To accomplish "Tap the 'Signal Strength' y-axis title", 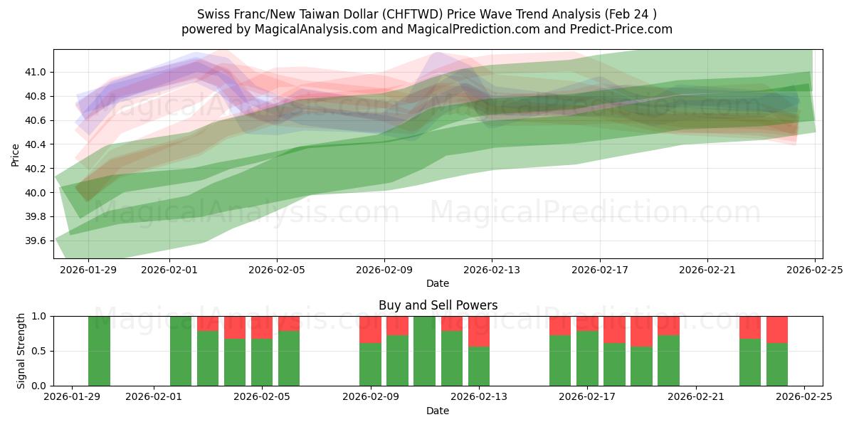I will point(21,351).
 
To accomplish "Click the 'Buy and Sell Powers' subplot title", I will point(437,305).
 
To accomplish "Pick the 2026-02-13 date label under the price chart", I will point(492,270).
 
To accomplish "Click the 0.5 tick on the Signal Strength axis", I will point(40,351).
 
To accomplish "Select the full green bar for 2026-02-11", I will point(424,351).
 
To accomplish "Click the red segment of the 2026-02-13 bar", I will point(479,331).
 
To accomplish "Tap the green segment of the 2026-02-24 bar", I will point(777,364).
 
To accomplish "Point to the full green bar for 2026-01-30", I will point(99,351).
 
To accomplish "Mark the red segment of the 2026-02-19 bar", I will point(641,331).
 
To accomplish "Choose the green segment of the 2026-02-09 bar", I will point(370,364).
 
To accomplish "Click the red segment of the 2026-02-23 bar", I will point(750,327).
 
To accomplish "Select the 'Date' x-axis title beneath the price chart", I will point(437,283).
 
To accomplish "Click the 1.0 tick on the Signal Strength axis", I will point(40,316).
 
